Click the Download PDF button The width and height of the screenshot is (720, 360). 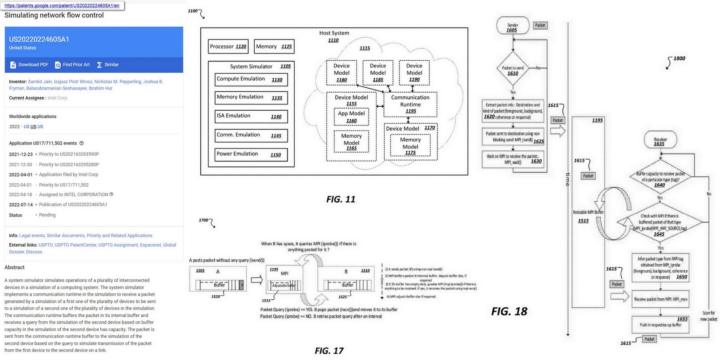29,65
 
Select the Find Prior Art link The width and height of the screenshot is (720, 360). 72,65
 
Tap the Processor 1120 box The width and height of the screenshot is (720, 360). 228,46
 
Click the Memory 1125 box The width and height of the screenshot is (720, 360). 274,46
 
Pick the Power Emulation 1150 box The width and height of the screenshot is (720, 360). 251,154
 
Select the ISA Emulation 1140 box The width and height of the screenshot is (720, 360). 251,116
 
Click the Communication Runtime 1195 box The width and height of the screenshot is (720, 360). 410,104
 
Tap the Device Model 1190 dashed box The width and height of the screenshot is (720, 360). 414,72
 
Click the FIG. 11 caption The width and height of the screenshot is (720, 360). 341,199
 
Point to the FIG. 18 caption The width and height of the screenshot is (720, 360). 509,311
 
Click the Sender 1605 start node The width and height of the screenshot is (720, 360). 513,27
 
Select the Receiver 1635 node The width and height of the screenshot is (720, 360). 660,141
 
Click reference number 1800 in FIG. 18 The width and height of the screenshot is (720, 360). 679,58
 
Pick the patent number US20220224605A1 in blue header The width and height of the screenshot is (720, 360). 39,39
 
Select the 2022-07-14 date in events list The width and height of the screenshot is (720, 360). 21,205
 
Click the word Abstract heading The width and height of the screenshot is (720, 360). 14,267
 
